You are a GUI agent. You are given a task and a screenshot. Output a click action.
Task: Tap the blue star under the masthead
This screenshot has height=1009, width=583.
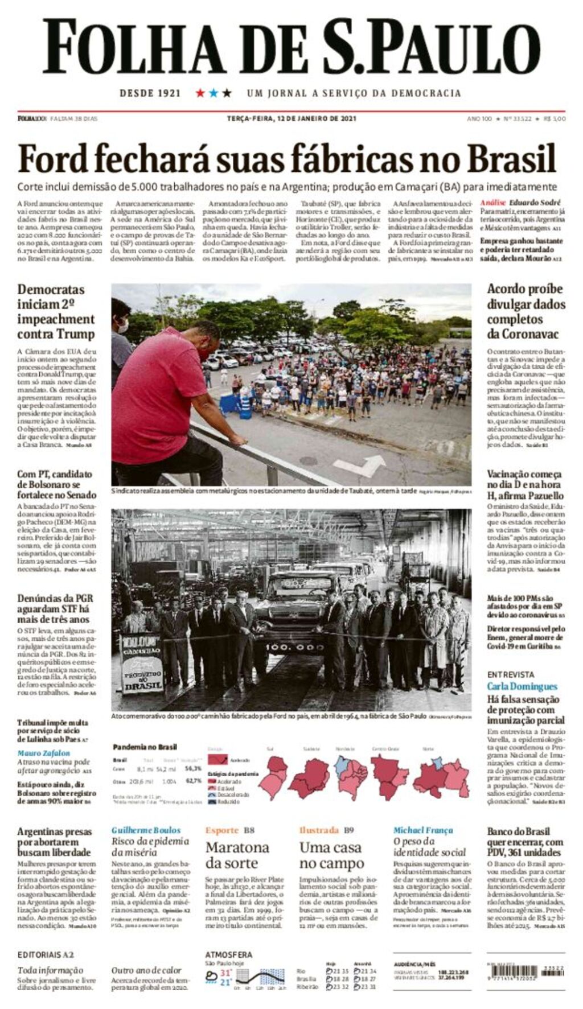pos(214,93)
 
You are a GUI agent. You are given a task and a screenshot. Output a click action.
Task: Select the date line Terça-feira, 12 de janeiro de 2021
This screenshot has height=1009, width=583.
pos(291,118)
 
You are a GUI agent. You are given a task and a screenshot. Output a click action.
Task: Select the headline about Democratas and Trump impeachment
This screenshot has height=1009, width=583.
pos(56,311)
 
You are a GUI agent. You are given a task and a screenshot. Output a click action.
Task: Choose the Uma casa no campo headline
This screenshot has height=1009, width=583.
pos(331,855)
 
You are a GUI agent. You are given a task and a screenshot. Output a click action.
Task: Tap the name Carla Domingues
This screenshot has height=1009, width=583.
pos(522,686)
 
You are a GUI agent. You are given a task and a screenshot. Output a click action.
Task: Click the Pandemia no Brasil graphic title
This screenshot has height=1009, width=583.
pos(145,747)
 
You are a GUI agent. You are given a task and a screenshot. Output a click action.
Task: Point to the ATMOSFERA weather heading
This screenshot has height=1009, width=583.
pos(228,954)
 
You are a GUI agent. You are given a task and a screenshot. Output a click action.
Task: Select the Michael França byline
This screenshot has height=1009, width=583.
pos(423,830)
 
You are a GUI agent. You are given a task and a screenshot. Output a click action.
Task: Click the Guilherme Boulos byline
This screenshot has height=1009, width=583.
pos(146,830)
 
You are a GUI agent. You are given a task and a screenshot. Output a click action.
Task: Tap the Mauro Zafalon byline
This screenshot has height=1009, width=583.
pos(43,753)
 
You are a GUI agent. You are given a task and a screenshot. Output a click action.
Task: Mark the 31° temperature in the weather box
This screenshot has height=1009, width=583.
pos(225,973)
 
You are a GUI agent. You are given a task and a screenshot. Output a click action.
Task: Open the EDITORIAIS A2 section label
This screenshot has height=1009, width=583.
pos(46,954)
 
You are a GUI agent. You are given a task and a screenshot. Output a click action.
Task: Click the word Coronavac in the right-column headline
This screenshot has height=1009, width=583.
pos(523,333)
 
